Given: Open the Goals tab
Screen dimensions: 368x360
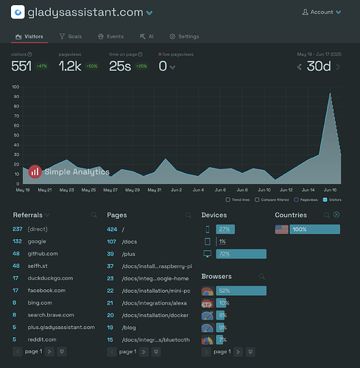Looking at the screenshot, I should click(71, 36).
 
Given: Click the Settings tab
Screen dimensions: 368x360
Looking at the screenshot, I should click(184, 36).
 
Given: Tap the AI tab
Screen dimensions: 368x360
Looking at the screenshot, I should click(147, 36).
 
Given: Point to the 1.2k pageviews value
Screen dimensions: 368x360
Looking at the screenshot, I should click(70, 66).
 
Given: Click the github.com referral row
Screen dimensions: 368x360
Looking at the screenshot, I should click(43, 253).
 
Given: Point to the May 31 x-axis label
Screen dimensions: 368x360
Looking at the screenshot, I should click(154, 190).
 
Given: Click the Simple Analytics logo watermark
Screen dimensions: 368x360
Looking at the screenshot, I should click(69, 171).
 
